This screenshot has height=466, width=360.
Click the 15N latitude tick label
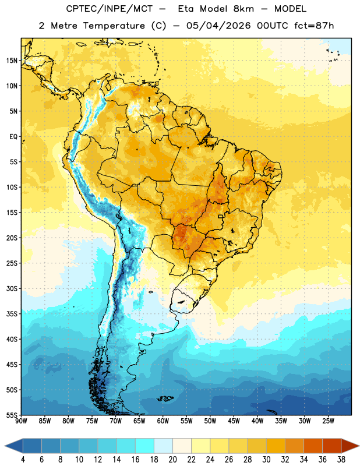click(x=12, y=61)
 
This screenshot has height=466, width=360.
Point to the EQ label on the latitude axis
click(x=13, y=137)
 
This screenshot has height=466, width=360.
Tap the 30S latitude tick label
click(x=12, y=288)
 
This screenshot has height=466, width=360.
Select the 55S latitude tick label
click(x=12, y=415)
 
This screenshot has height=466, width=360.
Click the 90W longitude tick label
click(x=21, y=421)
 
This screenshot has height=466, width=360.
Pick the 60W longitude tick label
click(x=163, y=421)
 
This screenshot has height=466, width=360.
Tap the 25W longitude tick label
click(x=328, y=421)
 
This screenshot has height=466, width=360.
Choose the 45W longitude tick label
click(x=234, y=421)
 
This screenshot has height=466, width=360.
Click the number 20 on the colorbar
click(x=172, y=460)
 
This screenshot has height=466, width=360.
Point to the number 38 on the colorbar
click(x=341, y=460)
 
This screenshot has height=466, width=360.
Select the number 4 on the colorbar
click(x=23, y=460)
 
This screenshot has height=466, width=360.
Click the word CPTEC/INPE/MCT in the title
click(x=109, y=9)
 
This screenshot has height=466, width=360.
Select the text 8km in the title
click(x=243, y=9)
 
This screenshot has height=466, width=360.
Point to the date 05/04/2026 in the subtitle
click(x=218, y=26)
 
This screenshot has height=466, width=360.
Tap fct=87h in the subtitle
click(x=314, y=26)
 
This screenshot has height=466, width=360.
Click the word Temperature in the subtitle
click(x=114, y=26)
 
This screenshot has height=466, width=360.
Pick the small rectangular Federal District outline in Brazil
click(x=221, y=216)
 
